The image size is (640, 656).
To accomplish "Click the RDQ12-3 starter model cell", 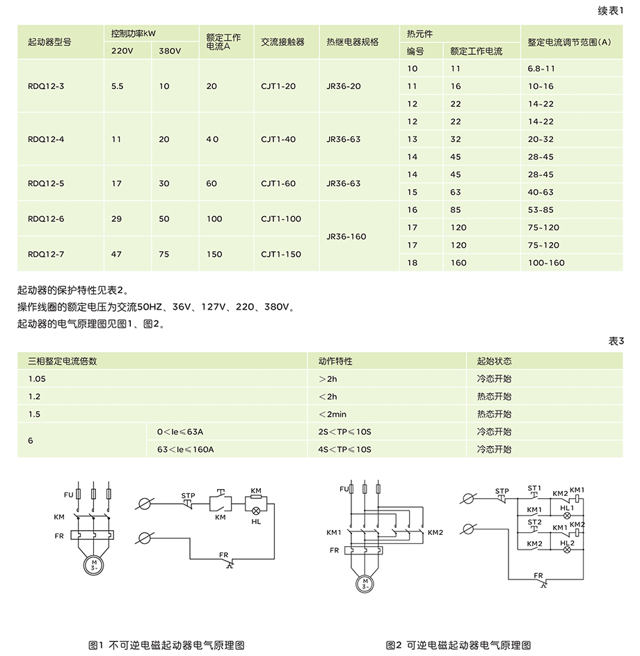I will [46, 86].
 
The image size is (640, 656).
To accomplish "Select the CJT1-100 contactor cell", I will [281, 218].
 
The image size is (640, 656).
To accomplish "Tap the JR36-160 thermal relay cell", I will [346, 237].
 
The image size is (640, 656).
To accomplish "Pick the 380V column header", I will [170, 51].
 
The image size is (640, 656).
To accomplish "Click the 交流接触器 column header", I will [282, 42].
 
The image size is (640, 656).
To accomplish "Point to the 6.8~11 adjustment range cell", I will [541, 69].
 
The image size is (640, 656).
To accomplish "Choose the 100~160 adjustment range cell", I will [546, 263].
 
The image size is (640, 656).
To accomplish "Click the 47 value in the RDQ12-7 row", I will [116, 254].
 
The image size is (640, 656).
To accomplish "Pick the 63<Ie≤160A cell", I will [185, 449].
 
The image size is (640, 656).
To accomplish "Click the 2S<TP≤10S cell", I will [344, 432].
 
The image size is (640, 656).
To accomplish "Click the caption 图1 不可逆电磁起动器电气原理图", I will [166, 645].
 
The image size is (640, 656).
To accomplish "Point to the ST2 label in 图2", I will [534, 521].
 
